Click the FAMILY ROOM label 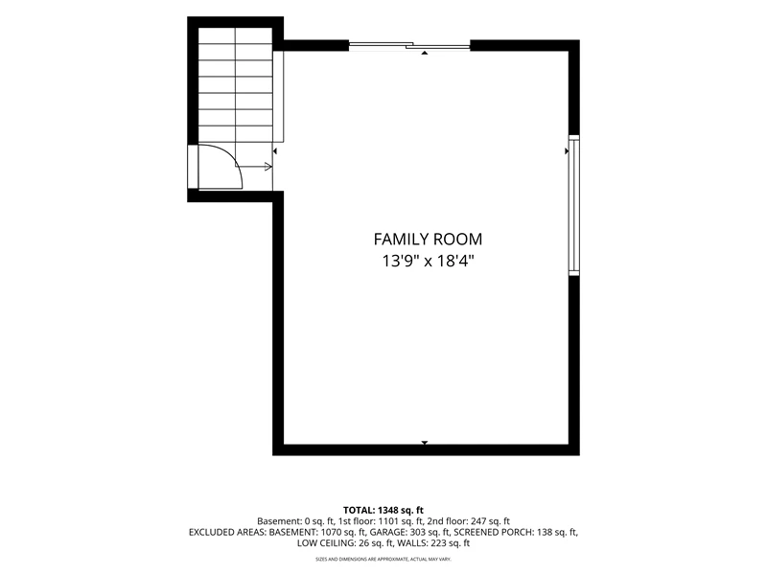point(428,239)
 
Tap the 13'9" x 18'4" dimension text point(428,261)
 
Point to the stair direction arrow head point(268,167)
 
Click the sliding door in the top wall point(409,46)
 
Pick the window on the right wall point(573,205)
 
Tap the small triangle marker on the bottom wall point(425,443)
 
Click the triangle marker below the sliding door point(425,53)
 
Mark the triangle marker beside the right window point(567,151)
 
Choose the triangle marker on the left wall point(275,151)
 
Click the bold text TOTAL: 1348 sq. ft point(383,511)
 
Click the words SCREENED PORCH point(494,532)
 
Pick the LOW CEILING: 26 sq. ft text point(344,542)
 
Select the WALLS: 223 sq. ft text point(433,542)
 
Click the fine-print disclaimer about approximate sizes point(383,559)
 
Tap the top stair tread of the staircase point(235,35)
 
